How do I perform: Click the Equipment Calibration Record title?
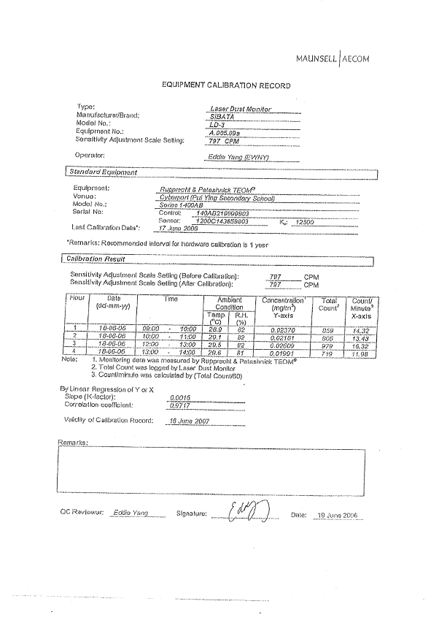[x=226, y=85]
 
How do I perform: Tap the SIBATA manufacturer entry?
[x=222, y=115]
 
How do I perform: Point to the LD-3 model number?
[x=217, y=124]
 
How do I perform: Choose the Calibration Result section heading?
[x=96, y=259]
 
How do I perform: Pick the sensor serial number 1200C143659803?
[x=223, y=220]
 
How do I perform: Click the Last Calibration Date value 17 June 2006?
[x=179, y=228]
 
